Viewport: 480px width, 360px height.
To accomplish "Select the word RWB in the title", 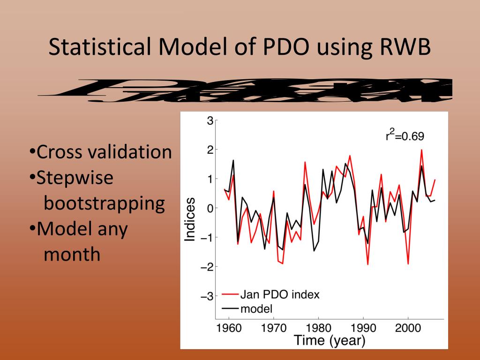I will pos(403,48).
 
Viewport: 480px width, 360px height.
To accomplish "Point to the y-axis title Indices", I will pos(190,219).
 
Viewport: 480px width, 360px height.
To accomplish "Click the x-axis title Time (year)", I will pos(329,340).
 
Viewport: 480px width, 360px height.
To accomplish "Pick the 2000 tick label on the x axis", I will pos(408,328).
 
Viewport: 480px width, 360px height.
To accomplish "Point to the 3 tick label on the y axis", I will pos(210,121).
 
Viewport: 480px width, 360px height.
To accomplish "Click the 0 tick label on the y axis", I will pos(210,208).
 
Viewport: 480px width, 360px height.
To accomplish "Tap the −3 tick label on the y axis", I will pos(208,296).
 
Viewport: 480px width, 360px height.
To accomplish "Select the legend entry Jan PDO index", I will pos(279,295).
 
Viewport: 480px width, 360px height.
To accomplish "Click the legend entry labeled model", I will pos(256,308).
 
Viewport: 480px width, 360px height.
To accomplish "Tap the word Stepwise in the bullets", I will pos(75,178).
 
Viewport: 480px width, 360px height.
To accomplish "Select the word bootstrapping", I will pos(104,203).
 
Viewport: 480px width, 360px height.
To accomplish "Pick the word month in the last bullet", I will pos(72,255).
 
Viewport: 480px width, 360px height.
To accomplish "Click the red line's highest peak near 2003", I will pos(421,150).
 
